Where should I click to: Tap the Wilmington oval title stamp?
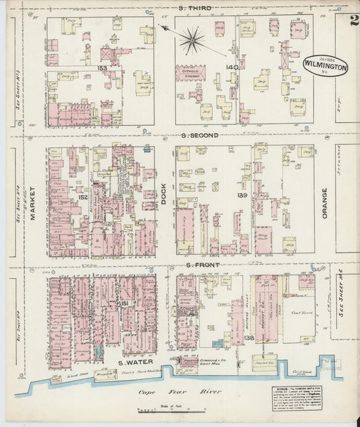click(x=325, y=66)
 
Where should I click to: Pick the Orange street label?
click(x=324, y=202)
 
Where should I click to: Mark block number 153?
click(x=102, y=68)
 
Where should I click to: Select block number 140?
click(x=232, y=67)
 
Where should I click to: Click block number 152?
click(x=82, y=197)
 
